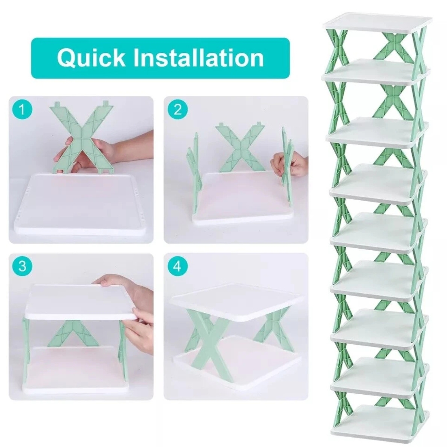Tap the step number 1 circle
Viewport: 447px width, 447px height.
22,110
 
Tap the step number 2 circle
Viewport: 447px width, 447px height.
177,110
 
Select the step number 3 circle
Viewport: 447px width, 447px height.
22,266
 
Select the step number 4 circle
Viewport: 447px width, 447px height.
177,266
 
